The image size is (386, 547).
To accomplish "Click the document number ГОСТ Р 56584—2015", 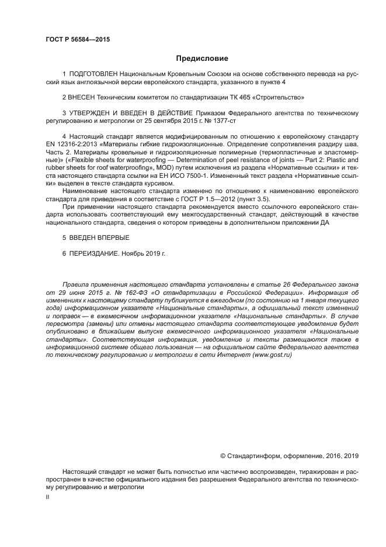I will (x=78, y=40).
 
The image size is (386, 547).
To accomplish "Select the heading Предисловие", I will (x=201, y=59).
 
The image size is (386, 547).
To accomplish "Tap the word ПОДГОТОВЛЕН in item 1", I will (x=93, y=75).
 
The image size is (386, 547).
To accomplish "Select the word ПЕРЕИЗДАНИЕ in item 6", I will (x=98, y=254).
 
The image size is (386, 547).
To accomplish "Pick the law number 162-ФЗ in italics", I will (x=124, y=291).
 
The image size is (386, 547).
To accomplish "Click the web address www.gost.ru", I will (x=272, y=354).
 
